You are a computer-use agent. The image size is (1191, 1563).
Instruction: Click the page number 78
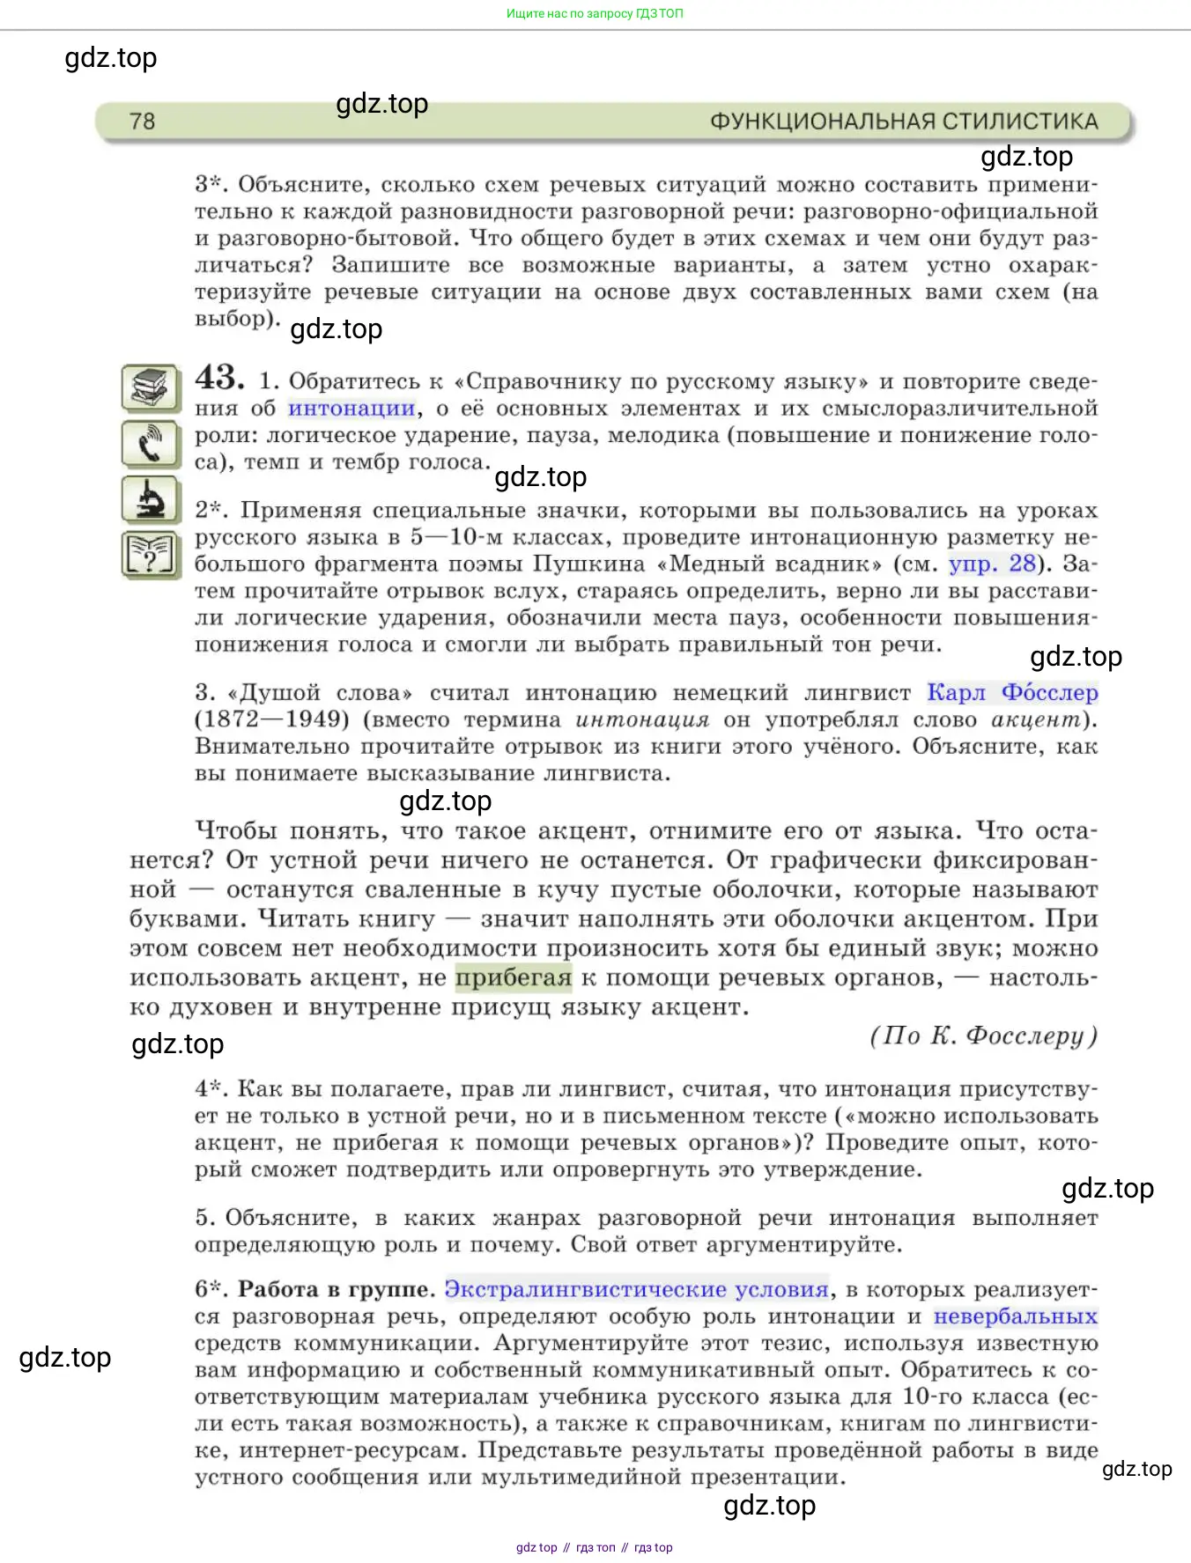click(142, 122)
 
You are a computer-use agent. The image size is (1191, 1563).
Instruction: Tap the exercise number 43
click(219, 379)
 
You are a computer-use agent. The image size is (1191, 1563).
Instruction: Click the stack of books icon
click(151, 387)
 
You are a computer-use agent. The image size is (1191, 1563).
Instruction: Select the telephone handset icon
click(151, 444)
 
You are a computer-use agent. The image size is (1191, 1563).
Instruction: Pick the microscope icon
click(151, 499)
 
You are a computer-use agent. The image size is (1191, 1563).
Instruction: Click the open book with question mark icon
click(151, 555)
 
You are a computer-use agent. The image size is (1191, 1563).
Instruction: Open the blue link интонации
click(351, 409)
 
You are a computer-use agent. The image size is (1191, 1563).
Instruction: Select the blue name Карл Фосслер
click(1012, 693)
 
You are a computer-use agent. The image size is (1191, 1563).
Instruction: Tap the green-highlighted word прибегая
click(514, 978)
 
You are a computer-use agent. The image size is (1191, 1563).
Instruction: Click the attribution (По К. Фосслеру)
click(983, 1036)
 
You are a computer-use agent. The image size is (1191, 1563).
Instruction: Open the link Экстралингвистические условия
click(636, 1290)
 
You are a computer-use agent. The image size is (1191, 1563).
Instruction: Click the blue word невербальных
click(1015, 1317)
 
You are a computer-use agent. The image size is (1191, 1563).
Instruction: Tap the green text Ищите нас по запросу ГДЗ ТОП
click(595, 14)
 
